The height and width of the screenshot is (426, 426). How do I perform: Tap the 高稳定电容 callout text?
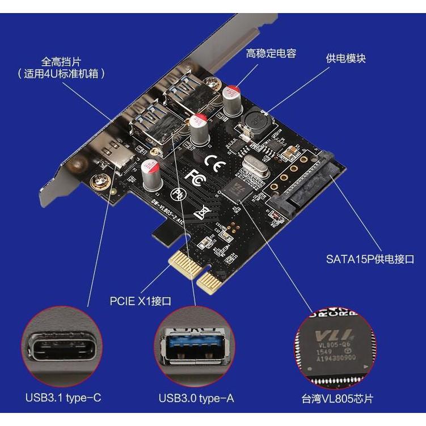[271, 53]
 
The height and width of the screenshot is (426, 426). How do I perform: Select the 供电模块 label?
[345, 58]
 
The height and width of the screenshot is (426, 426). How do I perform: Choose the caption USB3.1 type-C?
[64, 398]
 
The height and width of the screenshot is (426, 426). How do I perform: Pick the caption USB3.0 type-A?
[196, 398]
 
